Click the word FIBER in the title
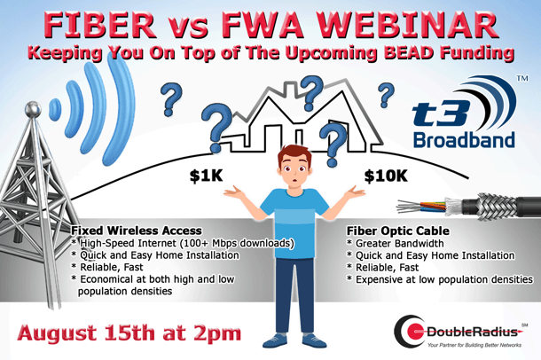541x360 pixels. click(x=100, y=26)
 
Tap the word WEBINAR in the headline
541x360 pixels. click(x=406, y=26)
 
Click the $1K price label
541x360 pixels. click(x=207, y=176)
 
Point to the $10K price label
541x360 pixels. click(x=386, y=176)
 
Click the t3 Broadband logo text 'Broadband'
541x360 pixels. click(x=464, y=140)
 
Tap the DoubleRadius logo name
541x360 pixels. click(x=472, y=332)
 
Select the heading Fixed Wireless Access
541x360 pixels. click(x=137, y=231)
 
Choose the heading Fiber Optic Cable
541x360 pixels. click(x=398, y=231)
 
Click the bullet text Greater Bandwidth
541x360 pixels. click(x=399, y=244)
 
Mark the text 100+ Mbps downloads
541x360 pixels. click(x=236, y=243)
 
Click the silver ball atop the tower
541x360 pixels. click(x=33, y=109)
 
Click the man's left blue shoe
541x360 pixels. click(x=275, y=340)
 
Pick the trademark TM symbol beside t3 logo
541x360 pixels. click(x=522, y=79)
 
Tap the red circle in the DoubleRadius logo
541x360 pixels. click(x=415, y=332)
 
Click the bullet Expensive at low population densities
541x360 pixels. click(x=444, y=279)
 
